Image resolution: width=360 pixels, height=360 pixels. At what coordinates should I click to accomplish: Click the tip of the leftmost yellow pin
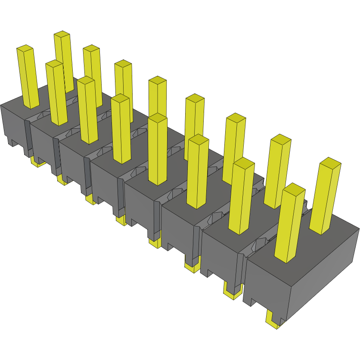tap(25, 48)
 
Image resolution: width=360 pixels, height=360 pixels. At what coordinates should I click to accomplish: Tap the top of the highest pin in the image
tap(62, 34)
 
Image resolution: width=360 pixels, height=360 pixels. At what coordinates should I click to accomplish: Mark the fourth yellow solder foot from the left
tap(120, 220)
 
